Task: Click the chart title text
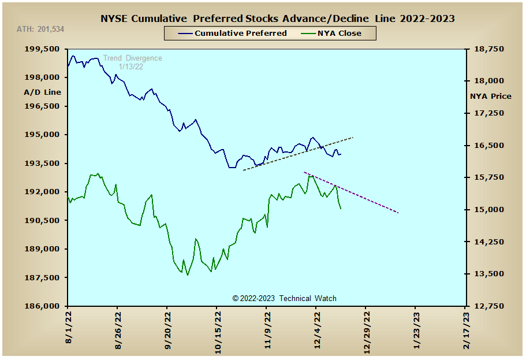(x=277, y=18)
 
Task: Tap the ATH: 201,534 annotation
(x=40, y=29)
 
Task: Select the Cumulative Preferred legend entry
(x=232, y=34)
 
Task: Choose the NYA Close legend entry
(x=331, y=34)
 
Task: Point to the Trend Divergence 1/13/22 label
(x=132, y=62)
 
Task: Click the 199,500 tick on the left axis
(x=42, y=49)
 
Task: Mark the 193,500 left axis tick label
(x=42, y=164)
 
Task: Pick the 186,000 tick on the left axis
(x=42, y=306)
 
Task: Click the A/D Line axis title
(x=43, y=92)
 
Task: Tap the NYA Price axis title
(x=490, y=97)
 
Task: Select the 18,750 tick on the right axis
(x=489, y=49)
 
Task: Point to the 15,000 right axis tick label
(x=489, y=210)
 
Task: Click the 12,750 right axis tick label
(x=489, y=306)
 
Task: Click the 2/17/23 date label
(x=466, y=331)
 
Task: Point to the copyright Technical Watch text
(x=284, y=299)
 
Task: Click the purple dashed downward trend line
(x=351, y=192)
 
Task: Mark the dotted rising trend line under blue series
(x=298, y=154)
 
